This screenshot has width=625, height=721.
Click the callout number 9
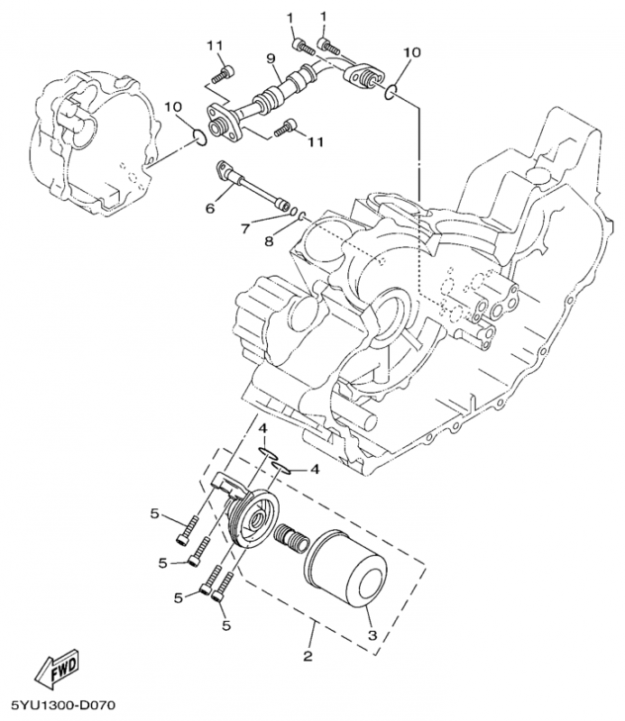coord(270,59)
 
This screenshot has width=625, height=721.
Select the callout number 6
coord(210,208)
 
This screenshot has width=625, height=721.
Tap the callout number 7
coord(245,229)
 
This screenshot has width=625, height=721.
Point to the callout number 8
coord(268,241)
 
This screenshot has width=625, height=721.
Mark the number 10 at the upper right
coord(410,53)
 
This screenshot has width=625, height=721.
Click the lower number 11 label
coord(315,142)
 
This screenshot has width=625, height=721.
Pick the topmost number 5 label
coord(155,514)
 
